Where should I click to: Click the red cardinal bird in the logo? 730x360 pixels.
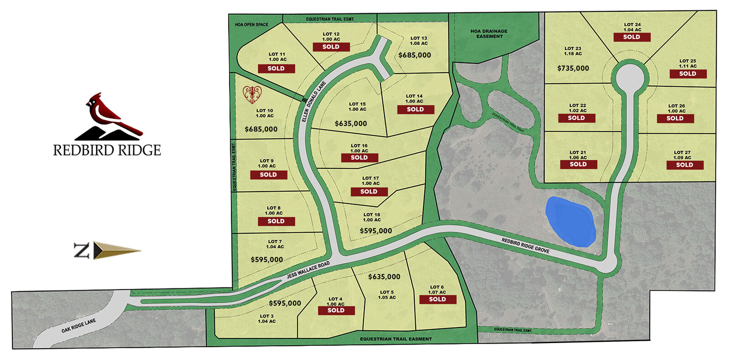coord(109,114)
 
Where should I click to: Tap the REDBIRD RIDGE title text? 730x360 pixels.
coord(107,150)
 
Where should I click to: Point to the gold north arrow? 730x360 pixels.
coord(117,250)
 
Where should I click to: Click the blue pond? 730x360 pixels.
coord(570,221)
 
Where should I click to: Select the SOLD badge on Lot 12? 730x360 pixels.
coord(331,47)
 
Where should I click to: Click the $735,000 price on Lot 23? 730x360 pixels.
coord(573,68)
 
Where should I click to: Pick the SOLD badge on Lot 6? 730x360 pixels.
coord(437,299)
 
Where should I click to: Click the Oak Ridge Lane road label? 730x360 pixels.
coord(79,325)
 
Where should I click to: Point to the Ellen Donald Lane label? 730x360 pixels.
coord(314,101)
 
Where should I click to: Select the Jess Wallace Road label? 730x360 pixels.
coord(308,270)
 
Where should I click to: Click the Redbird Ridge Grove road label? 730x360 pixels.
coord(525,245)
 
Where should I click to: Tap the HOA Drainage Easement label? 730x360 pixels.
coord(489,34)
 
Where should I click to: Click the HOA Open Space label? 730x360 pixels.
coord(251,25)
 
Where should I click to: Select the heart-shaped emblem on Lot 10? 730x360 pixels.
coord(252,94)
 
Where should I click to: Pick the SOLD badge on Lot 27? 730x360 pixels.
coord(684,165)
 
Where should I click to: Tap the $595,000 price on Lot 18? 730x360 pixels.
coord(375,231)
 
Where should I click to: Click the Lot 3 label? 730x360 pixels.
coord(266,318)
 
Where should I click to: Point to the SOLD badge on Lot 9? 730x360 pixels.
coord(268,175)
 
